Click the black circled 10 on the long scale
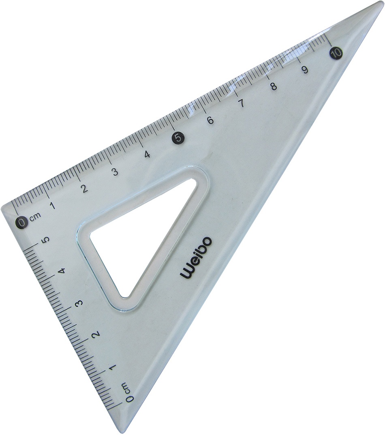tap(335, 52)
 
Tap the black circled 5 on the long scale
tap(178, 137)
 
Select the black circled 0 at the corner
tap(22, 222)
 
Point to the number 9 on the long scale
tap(305, 70)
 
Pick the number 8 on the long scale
tap(274, 87)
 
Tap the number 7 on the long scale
tap(241, 104)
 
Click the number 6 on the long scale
tap(210, 120)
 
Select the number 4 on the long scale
tap(147, 155)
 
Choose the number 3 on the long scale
tap(115, 172)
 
